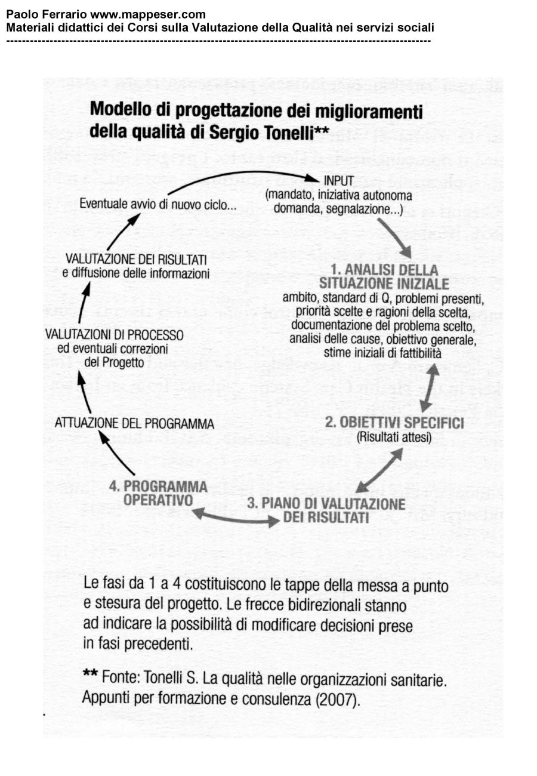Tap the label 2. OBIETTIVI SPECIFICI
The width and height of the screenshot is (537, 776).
coord(394,423)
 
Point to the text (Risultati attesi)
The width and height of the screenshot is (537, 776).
coord(394,438)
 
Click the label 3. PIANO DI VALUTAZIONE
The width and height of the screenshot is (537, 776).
coord(326,503)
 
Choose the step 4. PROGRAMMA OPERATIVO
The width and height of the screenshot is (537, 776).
coord(158,492)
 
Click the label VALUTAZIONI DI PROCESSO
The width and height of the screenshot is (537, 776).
coord(115,335)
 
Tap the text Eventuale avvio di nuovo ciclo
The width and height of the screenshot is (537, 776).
coord(158,205)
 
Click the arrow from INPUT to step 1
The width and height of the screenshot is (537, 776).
coord(395,237)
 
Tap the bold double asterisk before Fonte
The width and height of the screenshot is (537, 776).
coord(90,675)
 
